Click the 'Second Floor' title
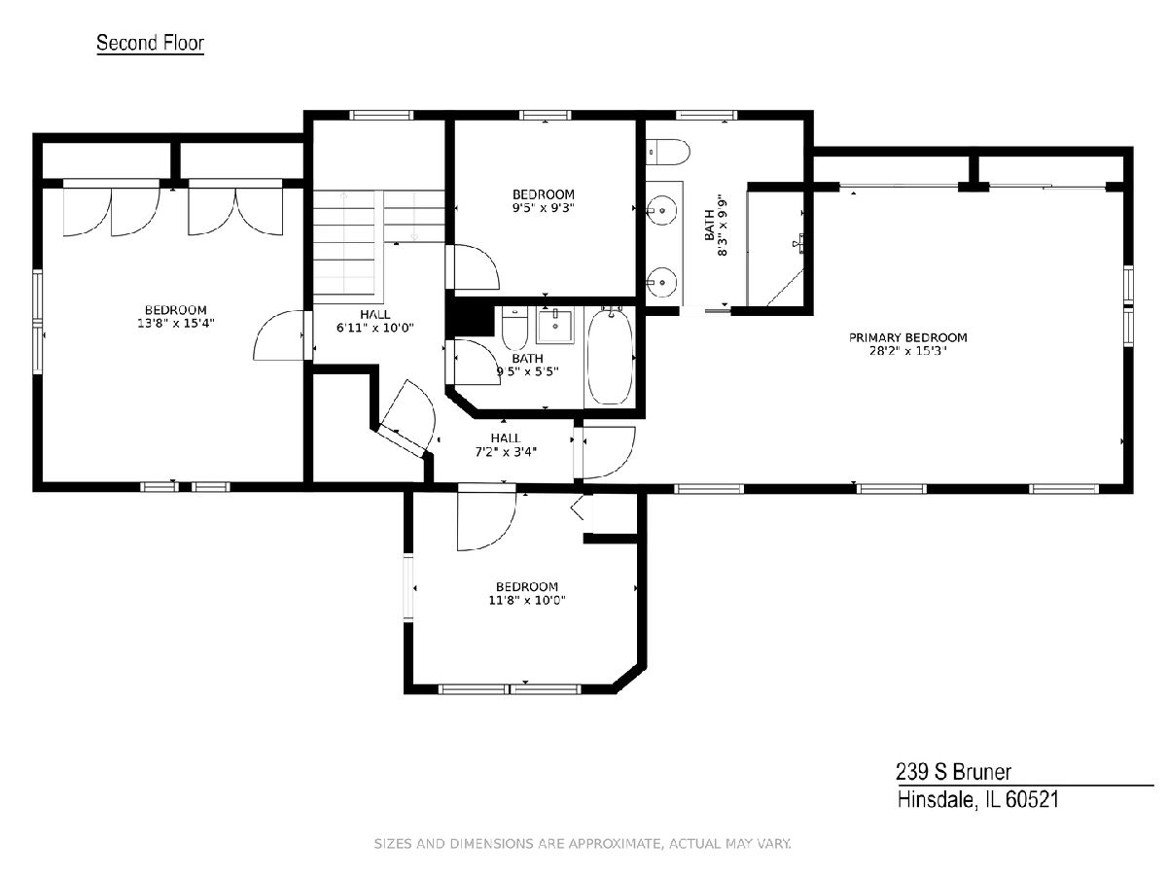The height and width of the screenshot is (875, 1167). (150, 43)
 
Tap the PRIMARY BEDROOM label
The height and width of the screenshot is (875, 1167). (907, 337)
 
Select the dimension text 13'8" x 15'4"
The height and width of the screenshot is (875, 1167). (175, 323)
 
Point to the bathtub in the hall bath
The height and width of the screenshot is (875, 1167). (610, 358)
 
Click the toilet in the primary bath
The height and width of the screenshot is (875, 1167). (668, 152)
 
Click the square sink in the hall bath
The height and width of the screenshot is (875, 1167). (554, 327)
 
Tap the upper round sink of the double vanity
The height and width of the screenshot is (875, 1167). (661, 210)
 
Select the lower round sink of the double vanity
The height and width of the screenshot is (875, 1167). (661, 282)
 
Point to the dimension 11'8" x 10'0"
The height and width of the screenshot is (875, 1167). (526, 600)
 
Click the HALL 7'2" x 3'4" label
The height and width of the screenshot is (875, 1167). (506, 445)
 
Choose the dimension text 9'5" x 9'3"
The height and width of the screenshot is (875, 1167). (544, 208)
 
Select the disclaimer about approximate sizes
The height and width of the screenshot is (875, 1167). (583, 844)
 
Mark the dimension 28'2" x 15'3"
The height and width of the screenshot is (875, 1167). (907, 351)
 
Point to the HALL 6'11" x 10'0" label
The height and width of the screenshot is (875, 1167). (374, 322)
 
